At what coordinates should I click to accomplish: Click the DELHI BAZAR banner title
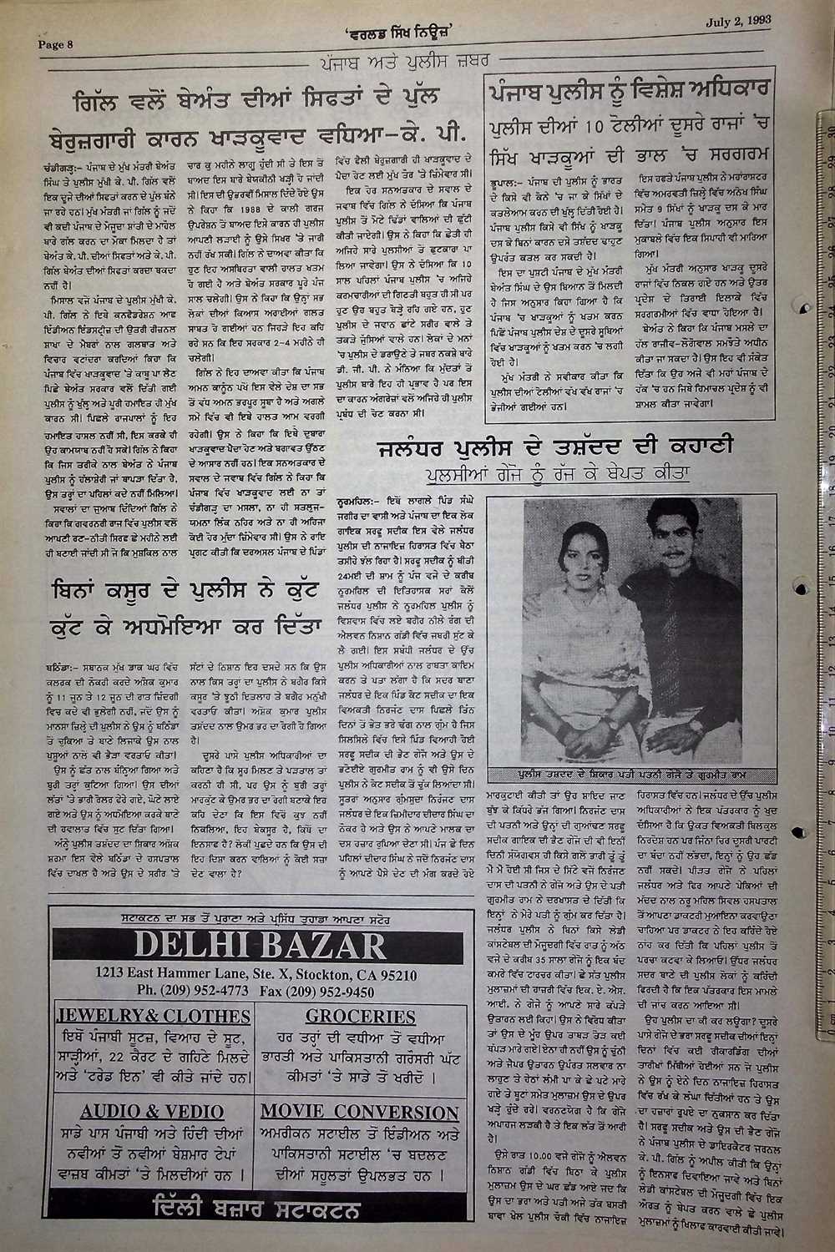pyautogui.click(x=256, y=945)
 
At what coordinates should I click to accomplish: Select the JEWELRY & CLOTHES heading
pyautogui.click(x=151, y=1017)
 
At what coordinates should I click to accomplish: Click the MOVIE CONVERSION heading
pyautogui.click(x=360, y=1112)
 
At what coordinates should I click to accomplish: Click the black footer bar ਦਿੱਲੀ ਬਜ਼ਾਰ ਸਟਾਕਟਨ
pyautogui.click(x=256, y=1208)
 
